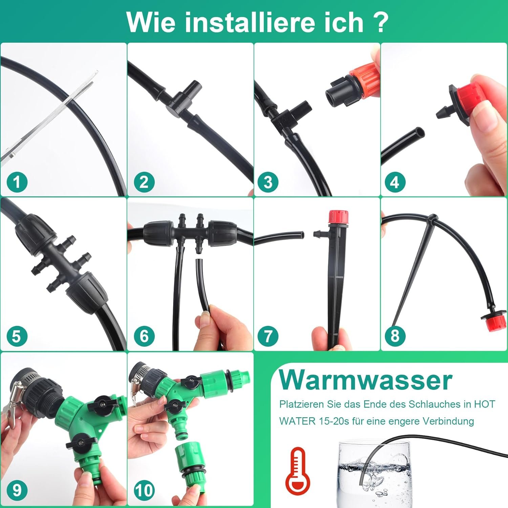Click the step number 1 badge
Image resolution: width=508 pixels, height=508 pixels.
17,182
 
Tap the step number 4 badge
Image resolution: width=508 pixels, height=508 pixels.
395,182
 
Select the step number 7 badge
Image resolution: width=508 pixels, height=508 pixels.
268,336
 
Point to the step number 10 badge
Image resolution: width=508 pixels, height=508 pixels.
144,490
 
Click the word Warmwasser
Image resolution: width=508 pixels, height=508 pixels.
365,380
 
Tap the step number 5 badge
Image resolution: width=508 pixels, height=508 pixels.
17,336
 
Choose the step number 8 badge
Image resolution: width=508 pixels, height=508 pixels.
395,336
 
